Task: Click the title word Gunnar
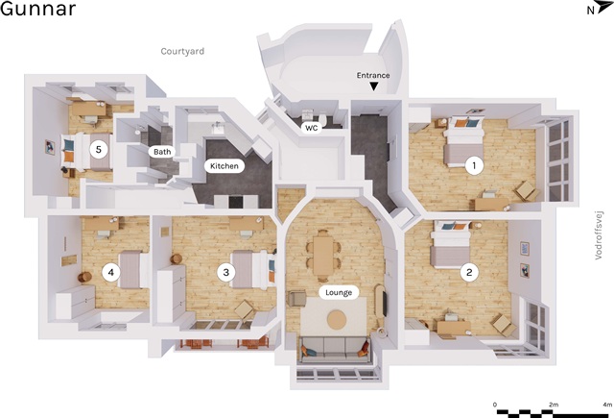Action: pos(37,9)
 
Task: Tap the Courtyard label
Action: pos(182,51)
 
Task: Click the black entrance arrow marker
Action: pos(374,86)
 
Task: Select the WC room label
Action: pos(312,128)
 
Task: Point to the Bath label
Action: pos(162,152)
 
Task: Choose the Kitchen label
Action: pos(224,166)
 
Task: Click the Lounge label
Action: pos(339,292)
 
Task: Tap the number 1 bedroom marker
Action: pos(474,165)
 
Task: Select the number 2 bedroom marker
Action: pos(469,272)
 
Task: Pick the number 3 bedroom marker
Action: pos(226,272)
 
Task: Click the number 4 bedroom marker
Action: pos(111,272)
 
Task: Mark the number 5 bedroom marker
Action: pos(99,149)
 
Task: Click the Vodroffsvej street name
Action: pos(599,235)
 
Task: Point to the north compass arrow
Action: pos(604,8)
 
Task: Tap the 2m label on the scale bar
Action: pos(553,405)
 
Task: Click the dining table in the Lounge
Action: pos(323,256)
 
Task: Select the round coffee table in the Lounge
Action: pos(337,320)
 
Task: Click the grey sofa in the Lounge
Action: pos(335,348)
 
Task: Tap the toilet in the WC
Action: pos(323,119)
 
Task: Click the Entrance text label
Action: pos(373,75)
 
